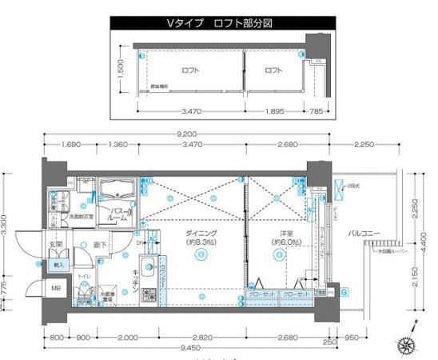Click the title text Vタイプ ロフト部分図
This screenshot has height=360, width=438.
(x=219, y=24)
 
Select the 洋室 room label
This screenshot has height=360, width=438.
(x=277, y=233)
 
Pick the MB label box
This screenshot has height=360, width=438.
(x=56, y=288)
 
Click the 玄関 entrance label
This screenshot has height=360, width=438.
(x=57, y=245)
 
